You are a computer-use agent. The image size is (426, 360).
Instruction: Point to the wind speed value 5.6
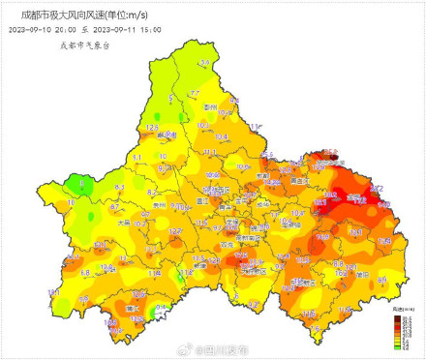coord(203,63)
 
